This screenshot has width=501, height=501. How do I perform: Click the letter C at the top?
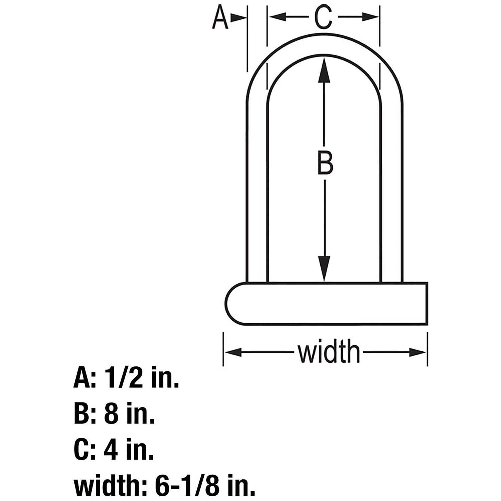tap(324, 17)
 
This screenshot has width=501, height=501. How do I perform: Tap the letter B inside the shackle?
tap(325, 163)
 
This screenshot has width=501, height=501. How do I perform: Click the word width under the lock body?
tap(329, 352)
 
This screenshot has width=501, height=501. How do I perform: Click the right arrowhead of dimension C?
tap(371, 17)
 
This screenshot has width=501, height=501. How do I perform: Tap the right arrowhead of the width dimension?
tap(417, 352)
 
